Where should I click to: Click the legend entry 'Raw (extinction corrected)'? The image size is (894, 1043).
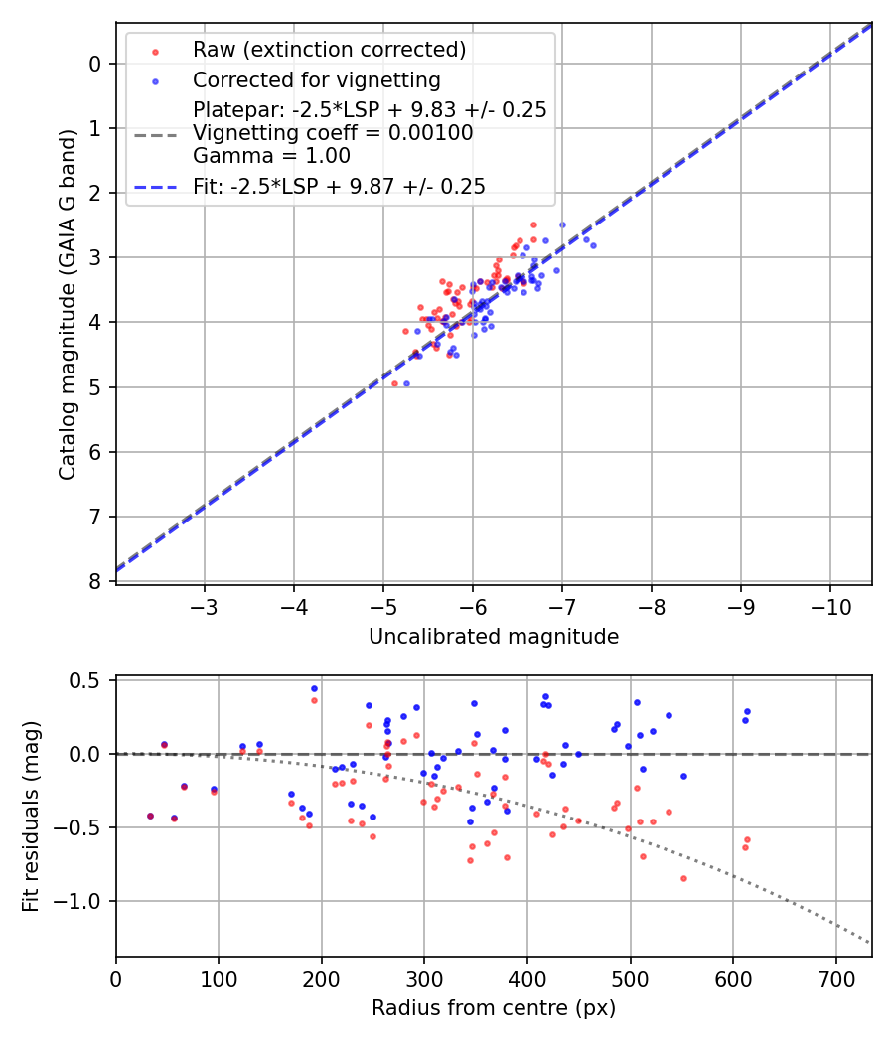pos(329,50)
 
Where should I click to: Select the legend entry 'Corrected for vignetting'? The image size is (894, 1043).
pos(316,79)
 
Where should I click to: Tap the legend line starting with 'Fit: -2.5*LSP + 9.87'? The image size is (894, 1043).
pos(339,186)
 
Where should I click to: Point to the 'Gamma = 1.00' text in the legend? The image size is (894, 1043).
pos(271,155)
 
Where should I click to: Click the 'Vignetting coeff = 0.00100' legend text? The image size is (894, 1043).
pos(333,132)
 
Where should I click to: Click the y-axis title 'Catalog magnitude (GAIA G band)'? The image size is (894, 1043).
pos(67,303)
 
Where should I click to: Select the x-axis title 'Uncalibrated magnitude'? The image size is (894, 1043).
pos(494,637)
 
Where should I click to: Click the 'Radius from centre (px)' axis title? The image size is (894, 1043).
pos(494,1008)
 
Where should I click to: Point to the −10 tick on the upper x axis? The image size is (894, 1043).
pos(830,604)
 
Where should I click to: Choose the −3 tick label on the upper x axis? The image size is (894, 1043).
pos(205,604)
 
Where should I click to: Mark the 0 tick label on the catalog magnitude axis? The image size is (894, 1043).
pos(95,64)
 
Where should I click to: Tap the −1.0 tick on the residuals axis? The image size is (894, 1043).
pos(83,901)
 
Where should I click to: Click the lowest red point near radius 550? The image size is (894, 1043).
pos(683,878)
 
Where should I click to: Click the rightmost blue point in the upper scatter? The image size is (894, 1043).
pos(593,245)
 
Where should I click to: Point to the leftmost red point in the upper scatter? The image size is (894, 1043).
pos(394,383)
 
